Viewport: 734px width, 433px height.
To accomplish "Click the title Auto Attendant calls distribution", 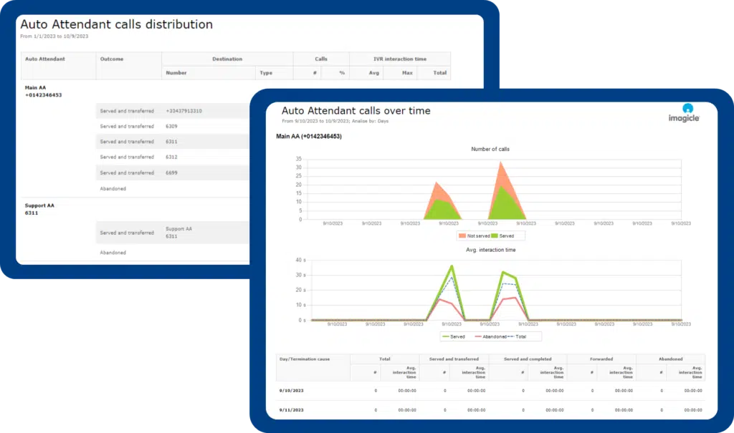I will [116, 24].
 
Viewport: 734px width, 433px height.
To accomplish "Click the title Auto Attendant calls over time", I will [356, 111].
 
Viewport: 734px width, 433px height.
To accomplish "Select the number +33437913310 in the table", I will [183, 111].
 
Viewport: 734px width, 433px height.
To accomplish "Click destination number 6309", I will [171, 126].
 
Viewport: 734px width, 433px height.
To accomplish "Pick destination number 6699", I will [171, 172].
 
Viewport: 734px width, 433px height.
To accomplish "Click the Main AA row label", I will [36, 88].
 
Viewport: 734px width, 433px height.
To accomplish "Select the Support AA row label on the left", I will [39, 205].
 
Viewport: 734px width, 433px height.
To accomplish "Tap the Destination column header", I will [227, 59].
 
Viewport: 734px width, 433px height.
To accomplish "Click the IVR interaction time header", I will [400, 59].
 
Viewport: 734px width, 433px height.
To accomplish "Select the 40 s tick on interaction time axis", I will [300, 261].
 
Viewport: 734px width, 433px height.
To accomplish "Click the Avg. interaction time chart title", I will [490, 250].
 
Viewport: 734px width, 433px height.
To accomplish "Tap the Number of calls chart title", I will [490, 149].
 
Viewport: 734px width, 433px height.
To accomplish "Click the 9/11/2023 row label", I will [291, 410].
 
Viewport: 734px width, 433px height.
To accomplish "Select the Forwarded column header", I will [601, 359].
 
